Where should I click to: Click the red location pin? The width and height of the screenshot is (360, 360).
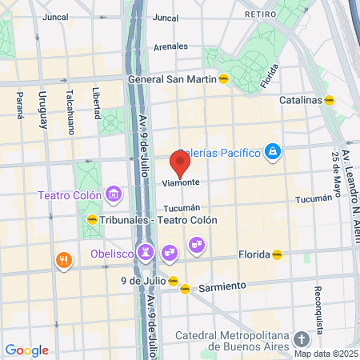(x=180, y=163)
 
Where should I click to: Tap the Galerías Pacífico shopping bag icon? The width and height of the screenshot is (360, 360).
(x=273, y=151)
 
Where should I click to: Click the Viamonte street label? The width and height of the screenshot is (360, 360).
(x=180, y=182)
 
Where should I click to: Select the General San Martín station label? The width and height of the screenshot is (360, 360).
(x=173, y=79)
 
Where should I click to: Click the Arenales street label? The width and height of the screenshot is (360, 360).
(x=170, y=46)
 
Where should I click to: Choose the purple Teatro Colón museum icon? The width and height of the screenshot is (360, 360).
(x=114, y=194)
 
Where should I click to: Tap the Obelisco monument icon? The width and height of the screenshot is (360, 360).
(x=146, y=251)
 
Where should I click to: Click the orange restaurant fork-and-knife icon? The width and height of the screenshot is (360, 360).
(x=63, y=259)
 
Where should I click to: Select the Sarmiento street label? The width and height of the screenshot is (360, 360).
(x=217, y=286)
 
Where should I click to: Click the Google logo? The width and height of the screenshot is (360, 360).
(x=26, y=350)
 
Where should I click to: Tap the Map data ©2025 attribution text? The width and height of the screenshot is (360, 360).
(x=325, y=354)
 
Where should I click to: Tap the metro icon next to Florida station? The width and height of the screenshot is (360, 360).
(x=277, y=254)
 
